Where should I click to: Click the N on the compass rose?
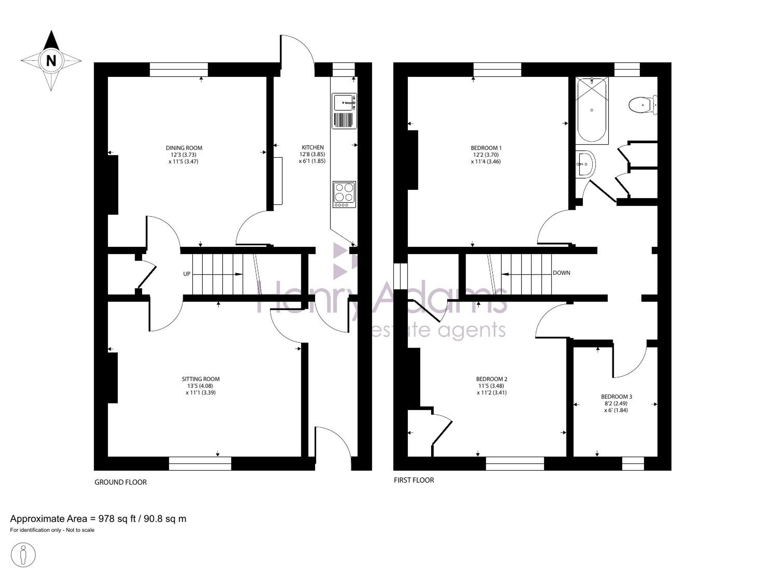51,60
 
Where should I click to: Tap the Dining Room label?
184,148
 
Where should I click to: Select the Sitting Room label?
201,379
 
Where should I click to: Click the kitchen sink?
344,111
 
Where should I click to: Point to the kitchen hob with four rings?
344,194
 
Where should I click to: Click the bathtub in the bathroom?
592,110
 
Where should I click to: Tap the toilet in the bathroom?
643,105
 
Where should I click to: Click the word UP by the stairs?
187,274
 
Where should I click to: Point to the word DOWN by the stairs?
562,273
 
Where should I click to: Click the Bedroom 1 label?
486,148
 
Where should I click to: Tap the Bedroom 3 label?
616,397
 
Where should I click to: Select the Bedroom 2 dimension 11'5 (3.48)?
492,386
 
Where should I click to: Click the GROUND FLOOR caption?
120,483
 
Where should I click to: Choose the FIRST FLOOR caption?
414,480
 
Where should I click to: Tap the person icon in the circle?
23,555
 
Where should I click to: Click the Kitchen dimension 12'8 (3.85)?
312,155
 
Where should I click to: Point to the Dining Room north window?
179,70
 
